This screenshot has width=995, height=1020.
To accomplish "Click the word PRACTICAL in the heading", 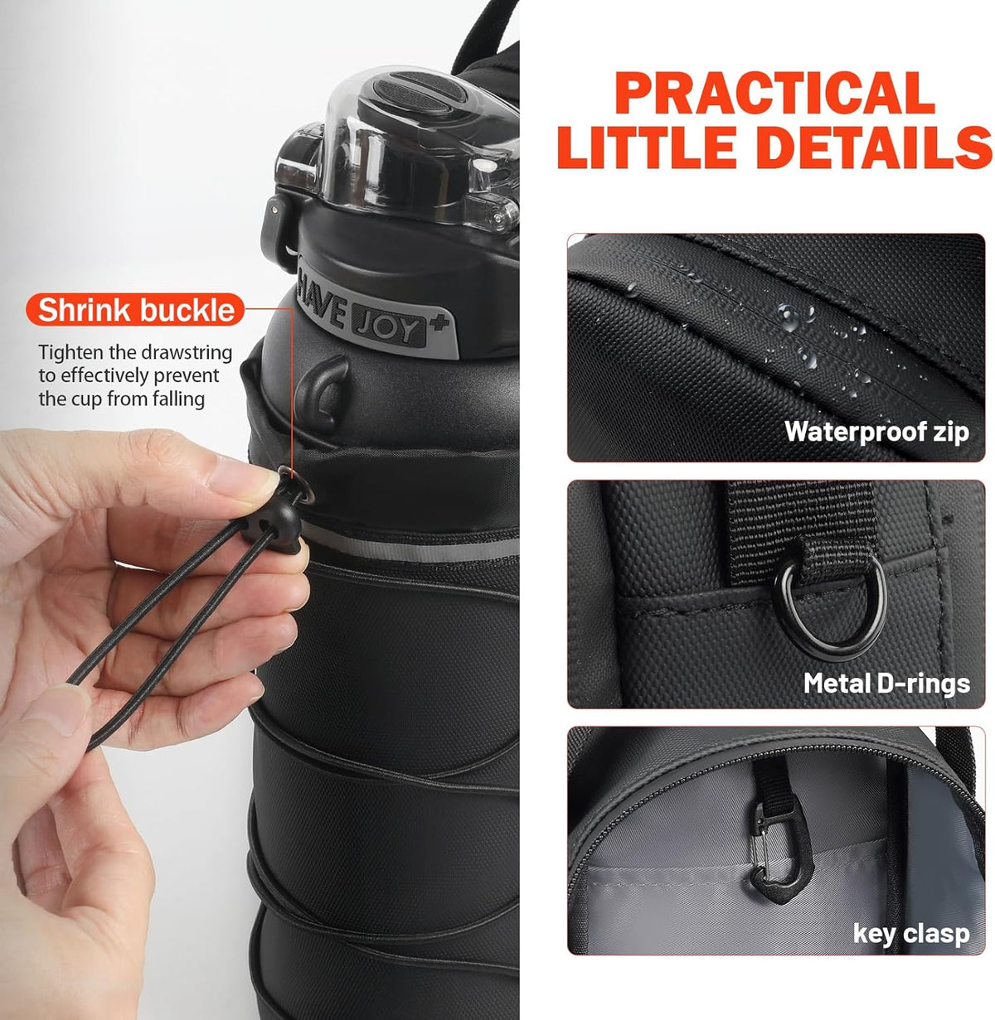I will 774,94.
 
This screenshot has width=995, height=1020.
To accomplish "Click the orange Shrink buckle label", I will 137,310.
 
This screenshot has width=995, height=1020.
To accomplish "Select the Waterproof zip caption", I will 876,432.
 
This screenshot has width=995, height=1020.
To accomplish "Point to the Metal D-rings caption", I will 886,684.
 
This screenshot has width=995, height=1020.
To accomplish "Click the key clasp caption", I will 910,934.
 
